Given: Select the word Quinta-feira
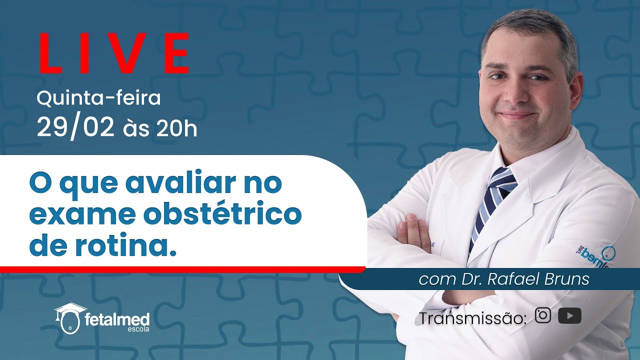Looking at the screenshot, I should click(98, 98).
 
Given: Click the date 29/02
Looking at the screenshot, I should click(75, 128).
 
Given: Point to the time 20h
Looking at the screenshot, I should click(176, 129).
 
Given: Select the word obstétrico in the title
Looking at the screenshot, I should click(222, 214).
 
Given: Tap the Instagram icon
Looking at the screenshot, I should click(543, 315).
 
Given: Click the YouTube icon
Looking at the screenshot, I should click(569, 316).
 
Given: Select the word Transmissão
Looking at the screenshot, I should click(472, 318).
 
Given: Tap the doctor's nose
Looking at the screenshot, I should click(515, 93).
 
